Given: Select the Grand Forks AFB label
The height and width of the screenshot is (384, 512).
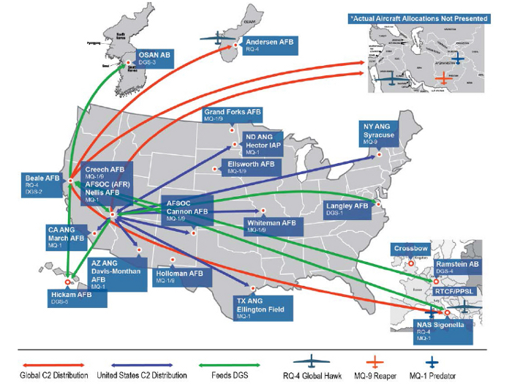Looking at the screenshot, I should (x=233, y=115).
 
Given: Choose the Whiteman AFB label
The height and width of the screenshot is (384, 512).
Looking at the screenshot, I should (x=271, y=225).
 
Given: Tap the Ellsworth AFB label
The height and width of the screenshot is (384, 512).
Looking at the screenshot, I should (x=252, y=167).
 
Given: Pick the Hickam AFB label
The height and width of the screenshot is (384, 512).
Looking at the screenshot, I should (x=71, y=298).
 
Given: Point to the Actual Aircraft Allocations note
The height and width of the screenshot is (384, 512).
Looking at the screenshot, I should (x=419, y=17).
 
